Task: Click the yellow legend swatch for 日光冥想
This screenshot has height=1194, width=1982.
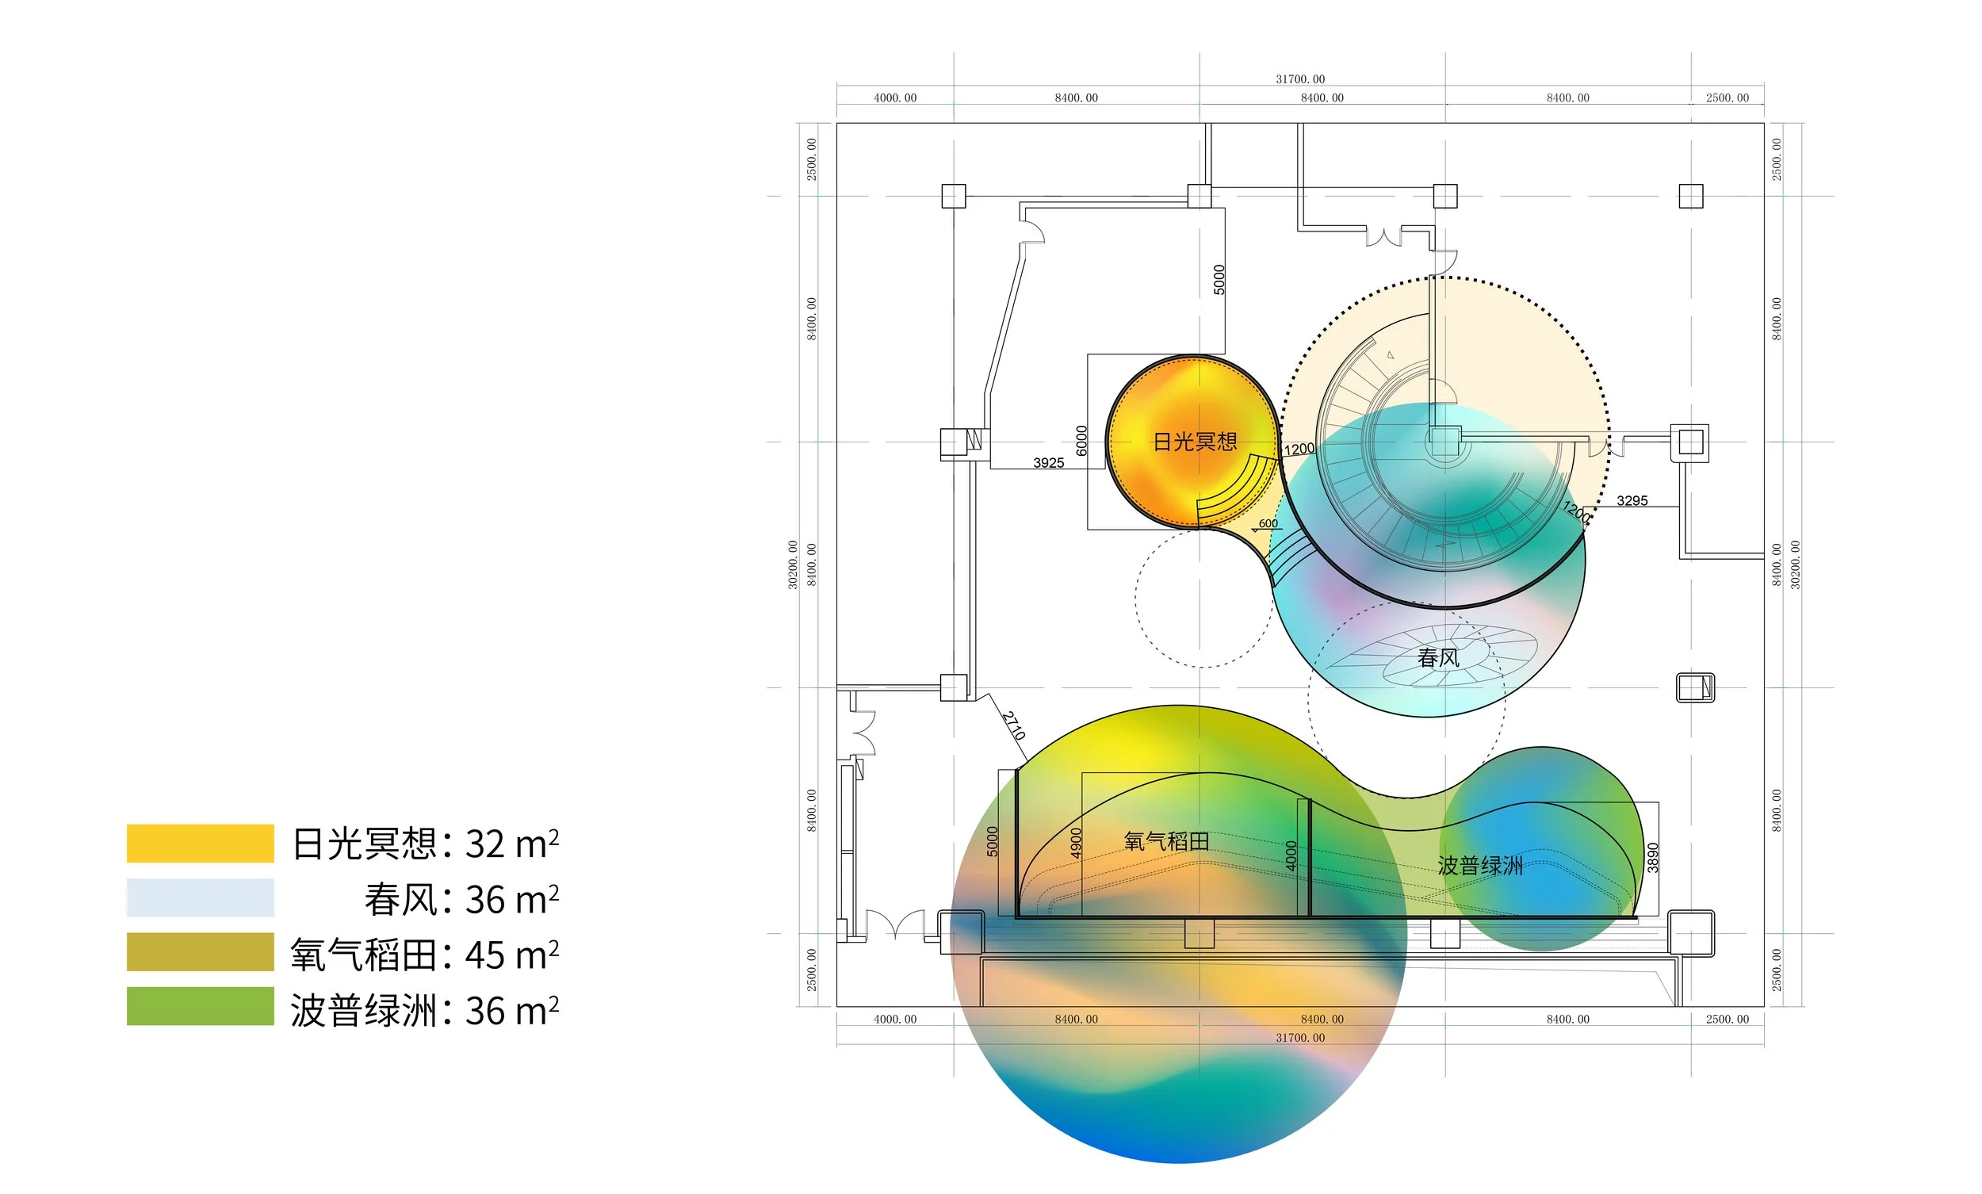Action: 201,844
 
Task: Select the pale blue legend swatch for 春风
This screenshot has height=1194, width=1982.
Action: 201,897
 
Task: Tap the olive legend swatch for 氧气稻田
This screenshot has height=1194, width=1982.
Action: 201,952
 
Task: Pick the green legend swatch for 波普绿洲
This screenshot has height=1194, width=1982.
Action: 201,1006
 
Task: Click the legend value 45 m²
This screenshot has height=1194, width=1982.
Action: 511,955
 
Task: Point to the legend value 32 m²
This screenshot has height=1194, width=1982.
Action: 511,844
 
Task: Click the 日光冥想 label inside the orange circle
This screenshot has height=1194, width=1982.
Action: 1195,442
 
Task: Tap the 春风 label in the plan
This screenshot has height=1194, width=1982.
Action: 1438,658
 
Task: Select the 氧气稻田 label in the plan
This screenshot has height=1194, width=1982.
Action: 1166,842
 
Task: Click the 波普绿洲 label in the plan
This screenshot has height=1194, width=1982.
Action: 1480,866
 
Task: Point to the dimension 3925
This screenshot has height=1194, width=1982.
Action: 1048,463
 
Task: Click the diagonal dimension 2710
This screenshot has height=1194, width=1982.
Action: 1013,725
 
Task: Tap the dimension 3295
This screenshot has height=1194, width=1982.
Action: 1632,500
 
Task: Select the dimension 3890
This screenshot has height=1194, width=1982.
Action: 1653,858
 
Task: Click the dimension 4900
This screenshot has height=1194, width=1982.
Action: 1077,843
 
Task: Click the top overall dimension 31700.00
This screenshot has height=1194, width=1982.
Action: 1300,78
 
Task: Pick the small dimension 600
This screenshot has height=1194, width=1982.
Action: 1268,524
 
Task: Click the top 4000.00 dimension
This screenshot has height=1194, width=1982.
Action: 894,98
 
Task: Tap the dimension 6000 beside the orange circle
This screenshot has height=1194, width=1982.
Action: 1082,440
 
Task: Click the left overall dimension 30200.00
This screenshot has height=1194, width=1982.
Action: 793,564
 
